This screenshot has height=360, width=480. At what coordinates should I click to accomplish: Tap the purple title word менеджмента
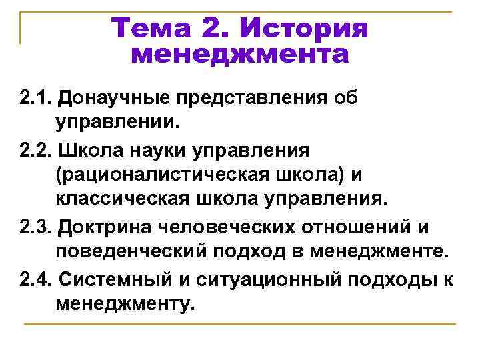239,55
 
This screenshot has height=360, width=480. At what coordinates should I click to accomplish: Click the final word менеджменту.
126,304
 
